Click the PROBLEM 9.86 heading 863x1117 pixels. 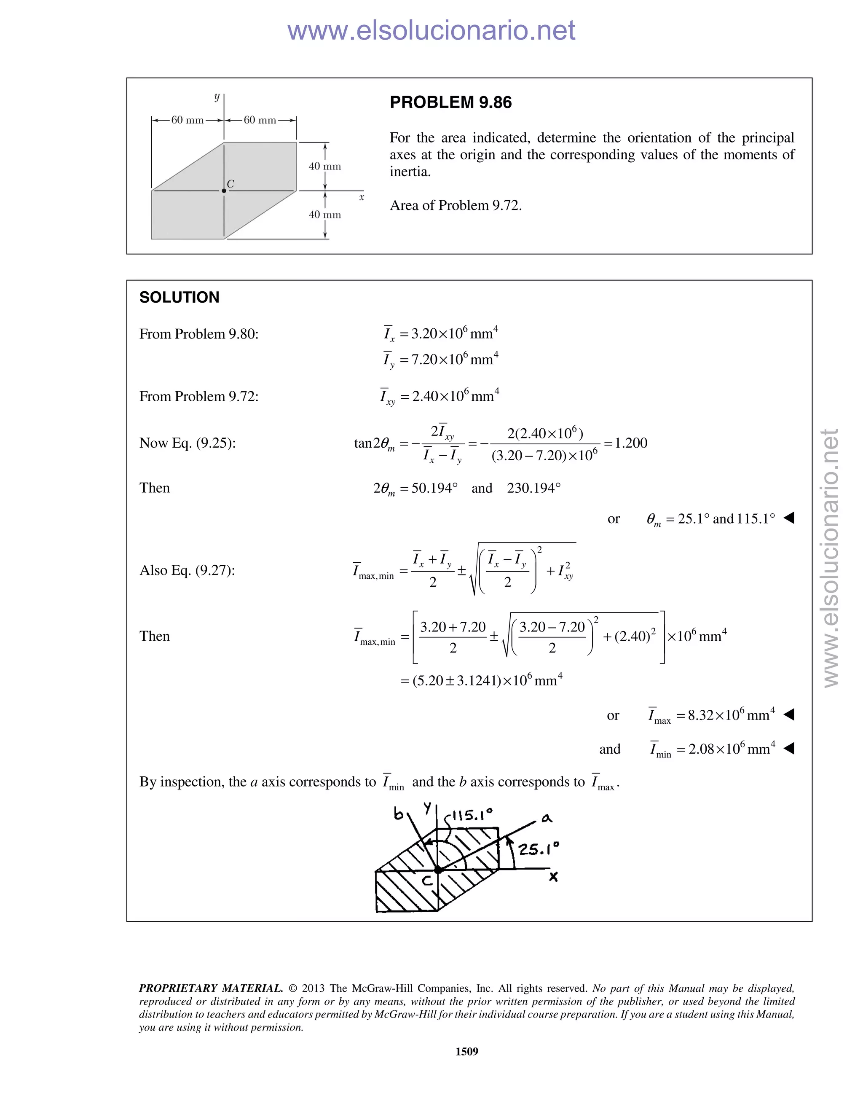click(450, 102)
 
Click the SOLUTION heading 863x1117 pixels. click(179, 297)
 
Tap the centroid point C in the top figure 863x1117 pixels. click(224, 191)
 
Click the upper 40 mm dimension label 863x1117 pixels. click(324, 166)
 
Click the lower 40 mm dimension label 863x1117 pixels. click(324, 215)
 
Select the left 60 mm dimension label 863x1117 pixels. click(187, 120)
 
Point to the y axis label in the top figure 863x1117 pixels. click(217, 97)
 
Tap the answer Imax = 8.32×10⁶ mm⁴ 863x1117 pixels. click(712, 715)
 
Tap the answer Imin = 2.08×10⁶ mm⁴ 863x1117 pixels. click(712, 749)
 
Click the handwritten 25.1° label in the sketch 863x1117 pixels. click(539, 849)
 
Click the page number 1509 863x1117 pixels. click(467, 1051)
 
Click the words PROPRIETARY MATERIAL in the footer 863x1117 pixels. click(211, 988)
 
